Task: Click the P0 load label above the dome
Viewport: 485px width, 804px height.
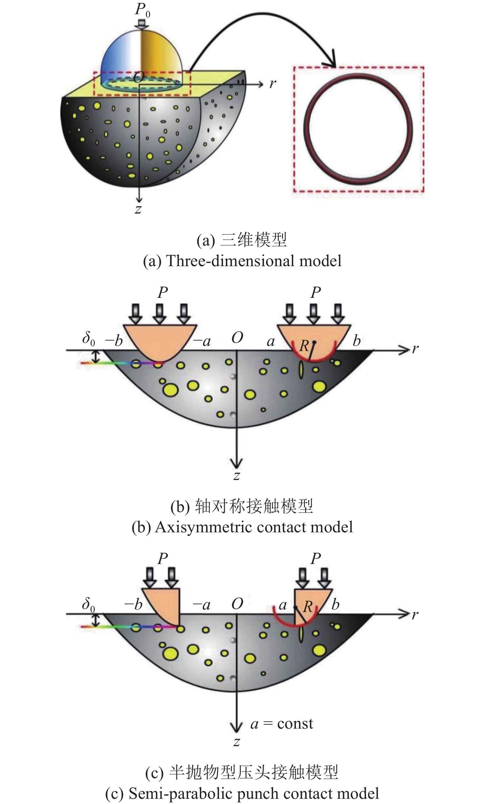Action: pos(142,10)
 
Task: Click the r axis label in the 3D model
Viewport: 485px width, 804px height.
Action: pos(273,84)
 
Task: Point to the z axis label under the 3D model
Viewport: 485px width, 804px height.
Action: pos(138,209)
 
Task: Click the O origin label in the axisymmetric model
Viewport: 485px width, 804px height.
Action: pos(237,338)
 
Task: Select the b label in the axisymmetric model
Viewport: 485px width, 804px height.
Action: pos(357,341)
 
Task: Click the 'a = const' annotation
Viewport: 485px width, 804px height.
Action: pos(282,723)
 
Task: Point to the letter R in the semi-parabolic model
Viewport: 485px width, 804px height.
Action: pos(308,606)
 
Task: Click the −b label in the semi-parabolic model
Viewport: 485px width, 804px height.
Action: pos(133,604)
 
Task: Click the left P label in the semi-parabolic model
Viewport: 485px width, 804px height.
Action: pos(163,559)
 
